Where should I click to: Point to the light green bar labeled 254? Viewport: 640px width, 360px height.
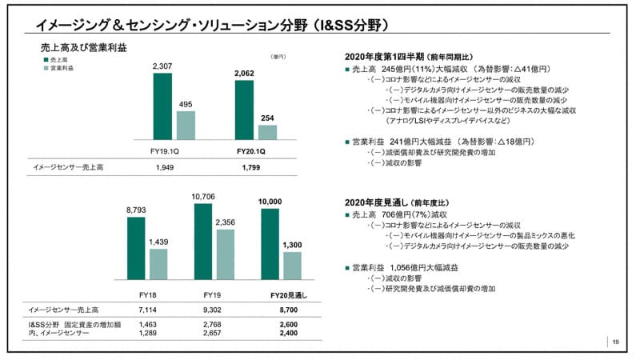click(x=267, y=132)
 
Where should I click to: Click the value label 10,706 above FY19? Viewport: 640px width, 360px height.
click(x=204, y=195)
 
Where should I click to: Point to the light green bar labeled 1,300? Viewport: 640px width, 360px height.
click(x=292, y=265)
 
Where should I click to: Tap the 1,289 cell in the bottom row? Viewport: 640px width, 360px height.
click(x=148, y=334)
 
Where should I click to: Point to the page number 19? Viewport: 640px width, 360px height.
click(x=615, y=342)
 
